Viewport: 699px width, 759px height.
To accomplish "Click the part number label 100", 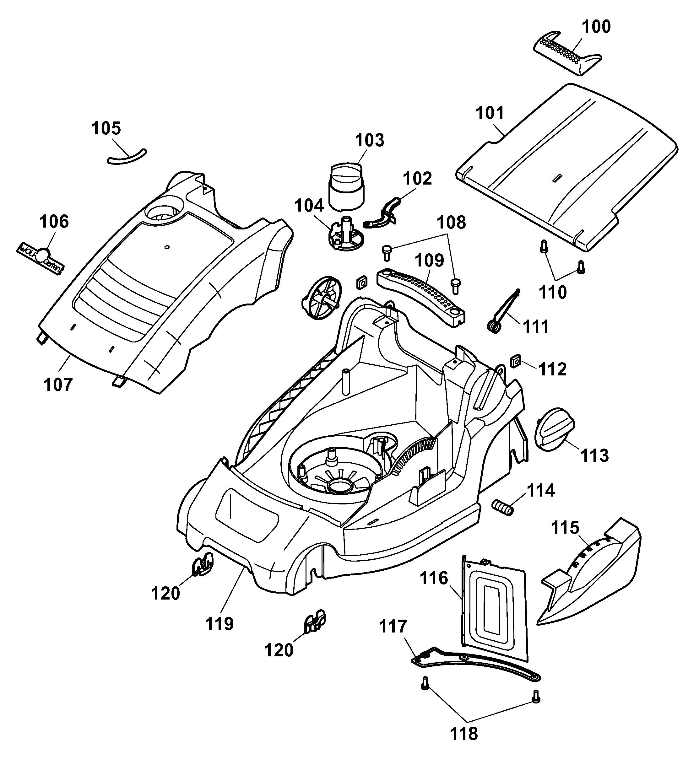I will click(596, 27).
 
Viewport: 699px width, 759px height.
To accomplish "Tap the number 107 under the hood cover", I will click(58, 385).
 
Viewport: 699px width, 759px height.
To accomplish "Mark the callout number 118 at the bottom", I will click(464, 734).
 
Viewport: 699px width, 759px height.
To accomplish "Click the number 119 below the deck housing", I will click(219, 623).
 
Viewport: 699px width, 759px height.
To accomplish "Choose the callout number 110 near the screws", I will click(553, 292).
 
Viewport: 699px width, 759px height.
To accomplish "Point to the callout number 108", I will click(451, 223).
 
